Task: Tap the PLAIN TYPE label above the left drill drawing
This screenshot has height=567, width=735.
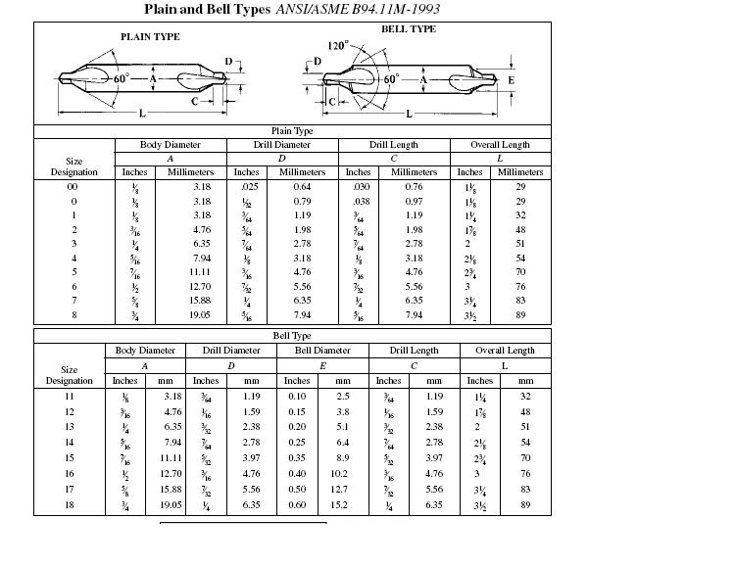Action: coord(150,36)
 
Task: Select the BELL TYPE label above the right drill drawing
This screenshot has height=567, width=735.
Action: coord(408,29)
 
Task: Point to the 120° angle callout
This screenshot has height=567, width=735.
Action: coord(338,46)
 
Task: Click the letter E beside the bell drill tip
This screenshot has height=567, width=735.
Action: coord(511,79)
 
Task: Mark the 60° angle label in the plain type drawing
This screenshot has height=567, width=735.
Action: coord(121,77)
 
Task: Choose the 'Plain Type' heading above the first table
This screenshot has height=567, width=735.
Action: coord(292,130)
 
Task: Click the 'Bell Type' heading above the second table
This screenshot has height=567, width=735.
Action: coord(292,336)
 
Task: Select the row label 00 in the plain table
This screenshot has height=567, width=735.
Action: coord(73,186)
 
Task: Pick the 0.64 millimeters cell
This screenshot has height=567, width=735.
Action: coord(302,186)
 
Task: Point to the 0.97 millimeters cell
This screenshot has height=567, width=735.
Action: coord(414,200)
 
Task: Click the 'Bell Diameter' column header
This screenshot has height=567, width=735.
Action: coord(323,350)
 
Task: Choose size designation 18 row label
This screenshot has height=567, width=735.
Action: coord(70,505)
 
